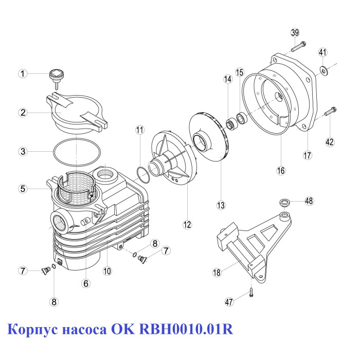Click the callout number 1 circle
(23, 74)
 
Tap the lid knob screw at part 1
(57, 79)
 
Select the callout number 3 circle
(23, 151)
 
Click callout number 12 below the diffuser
(187, 224)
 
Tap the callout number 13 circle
(221, 205)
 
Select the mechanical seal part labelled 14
(230, 123)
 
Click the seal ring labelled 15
(242, 118)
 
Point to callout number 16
(281, 171)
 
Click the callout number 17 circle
(308, 155)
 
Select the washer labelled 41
(324, 70)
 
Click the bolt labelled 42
(331, 112)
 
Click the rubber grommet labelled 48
(285, 203)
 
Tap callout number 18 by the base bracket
(217, 273)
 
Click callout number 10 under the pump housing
(107, 271)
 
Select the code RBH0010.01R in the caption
(186, 329)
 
